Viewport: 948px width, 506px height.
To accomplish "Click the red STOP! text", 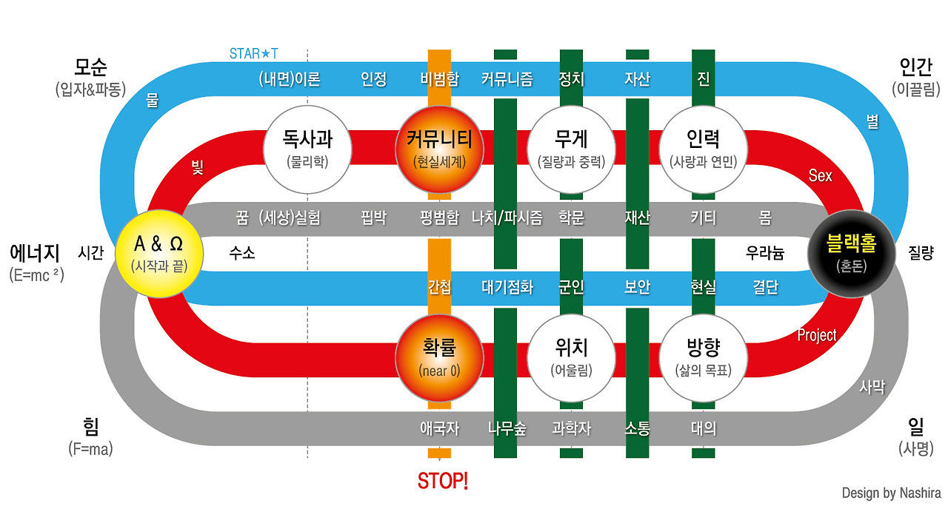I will point(442,482).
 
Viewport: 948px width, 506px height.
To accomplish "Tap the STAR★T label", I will point(254,54).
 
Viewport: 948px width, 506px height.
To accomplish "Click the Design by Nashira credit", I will point(891,493).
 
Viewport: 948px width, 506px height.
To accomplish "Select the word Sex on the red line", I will point(820,175).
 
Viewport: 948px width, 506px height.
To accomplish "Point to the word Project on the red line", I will point(816,335).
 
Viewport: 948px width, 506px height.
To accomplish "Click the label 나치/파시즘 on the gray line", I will point(507,218).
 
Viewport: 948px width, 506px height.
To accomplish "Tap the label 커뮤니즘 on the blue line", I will point(507,78).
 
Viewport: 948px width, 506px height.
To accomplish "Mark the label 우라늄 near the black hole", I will point(764,253).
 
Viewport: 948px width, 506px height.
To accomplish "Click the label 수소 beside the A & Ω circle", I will point(242,253).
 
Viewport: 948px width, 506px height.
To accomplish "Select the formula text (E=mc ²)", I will point(37,274).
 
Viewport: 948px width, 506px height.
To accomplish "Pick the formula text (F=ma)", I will point(90,448).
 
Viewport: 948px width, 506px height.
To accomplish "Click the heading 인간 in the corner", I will point(915,68).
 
